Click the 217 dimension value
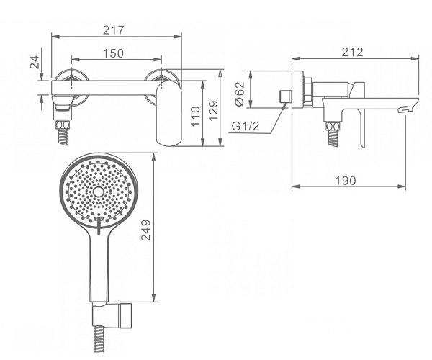click(x=114, y=30)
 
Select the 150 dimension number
click(x=113, y=53)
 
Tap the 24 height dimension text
click(x=35, y=62)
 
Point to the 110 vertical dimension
click(x=195, y=116)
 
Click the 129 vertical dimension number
click(x=213, y=110)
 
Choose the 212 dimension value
click(x=353, y=52)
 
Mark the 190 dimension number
click(x=346, y=181)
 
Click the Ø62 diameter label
click(x=240, y=94)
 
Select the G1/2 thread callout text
click(x=246, y=126)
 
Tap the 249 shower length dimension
click(x=145, y=230)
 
